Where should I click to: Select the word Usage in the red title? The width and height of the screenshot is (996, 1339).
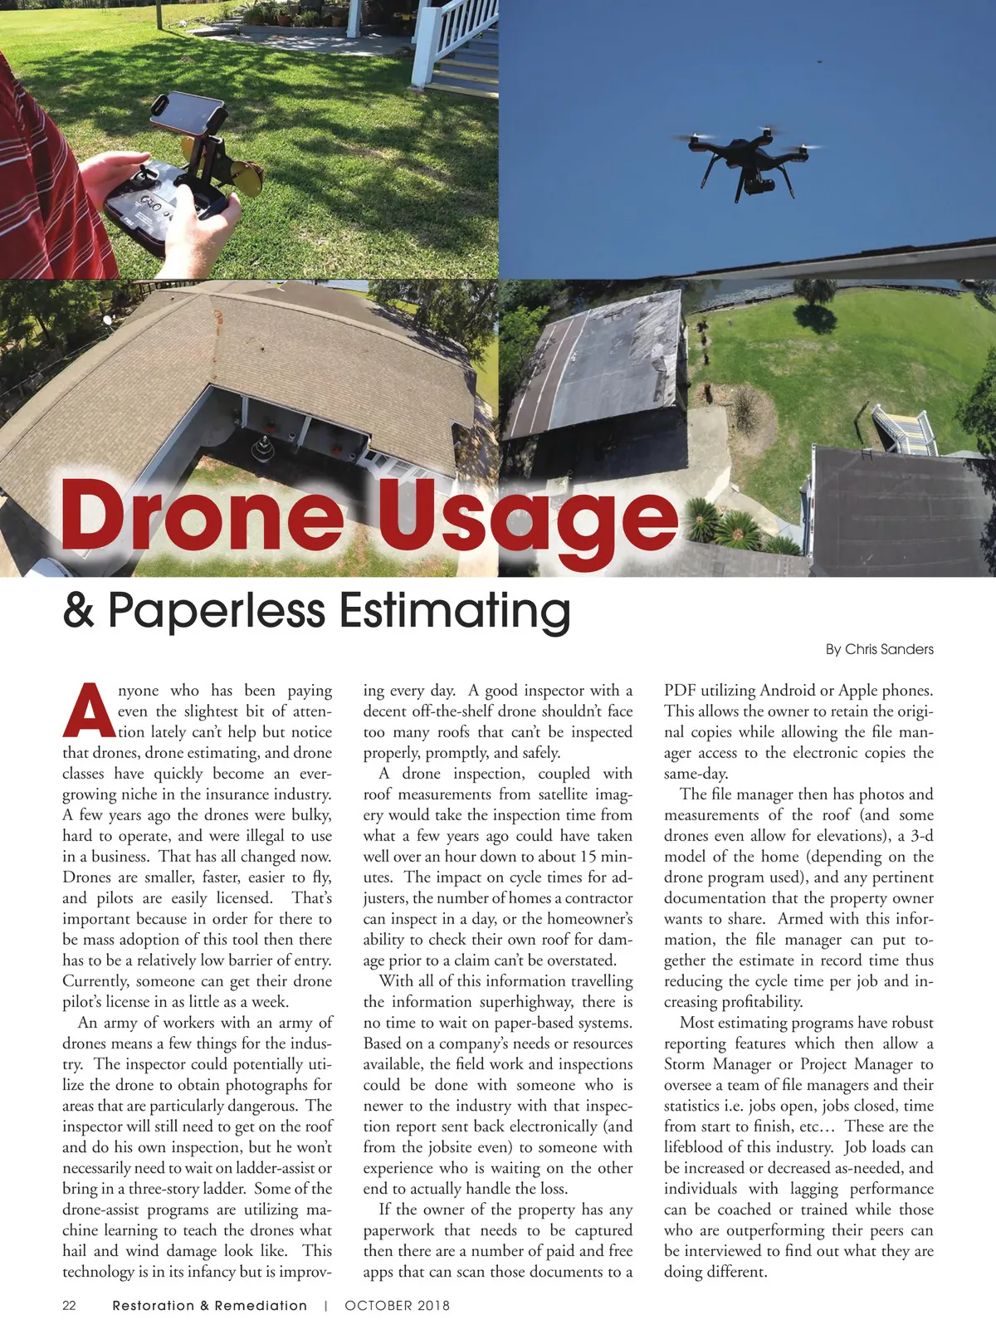tap(528, 519)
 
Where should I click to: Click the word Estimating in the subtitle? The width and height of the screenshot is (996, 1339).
tap(454, 612)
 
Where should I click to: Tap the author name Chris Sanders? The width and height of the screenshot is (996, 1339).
tap(888, 649)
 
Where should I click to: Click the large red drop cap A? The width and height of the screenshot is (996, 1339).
tap(88, 711)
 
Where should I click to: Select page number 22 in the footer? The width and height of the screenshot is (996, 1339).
tap(70, 1305)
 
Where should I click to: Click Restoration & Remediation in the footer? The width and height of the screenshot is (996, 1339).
tap(209, 1305)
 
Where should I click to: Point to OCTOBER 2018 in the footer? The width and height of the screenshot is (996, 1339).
tap(397, 1305)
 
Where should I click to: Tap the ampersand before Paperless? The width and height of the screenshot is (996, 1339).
tap(78, 611)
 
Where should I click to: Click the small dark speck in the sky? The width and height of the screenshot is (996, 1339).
tap(818, 61)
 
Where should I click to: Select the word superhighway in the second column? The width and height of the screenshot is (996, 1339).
tap(517, 1002)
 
